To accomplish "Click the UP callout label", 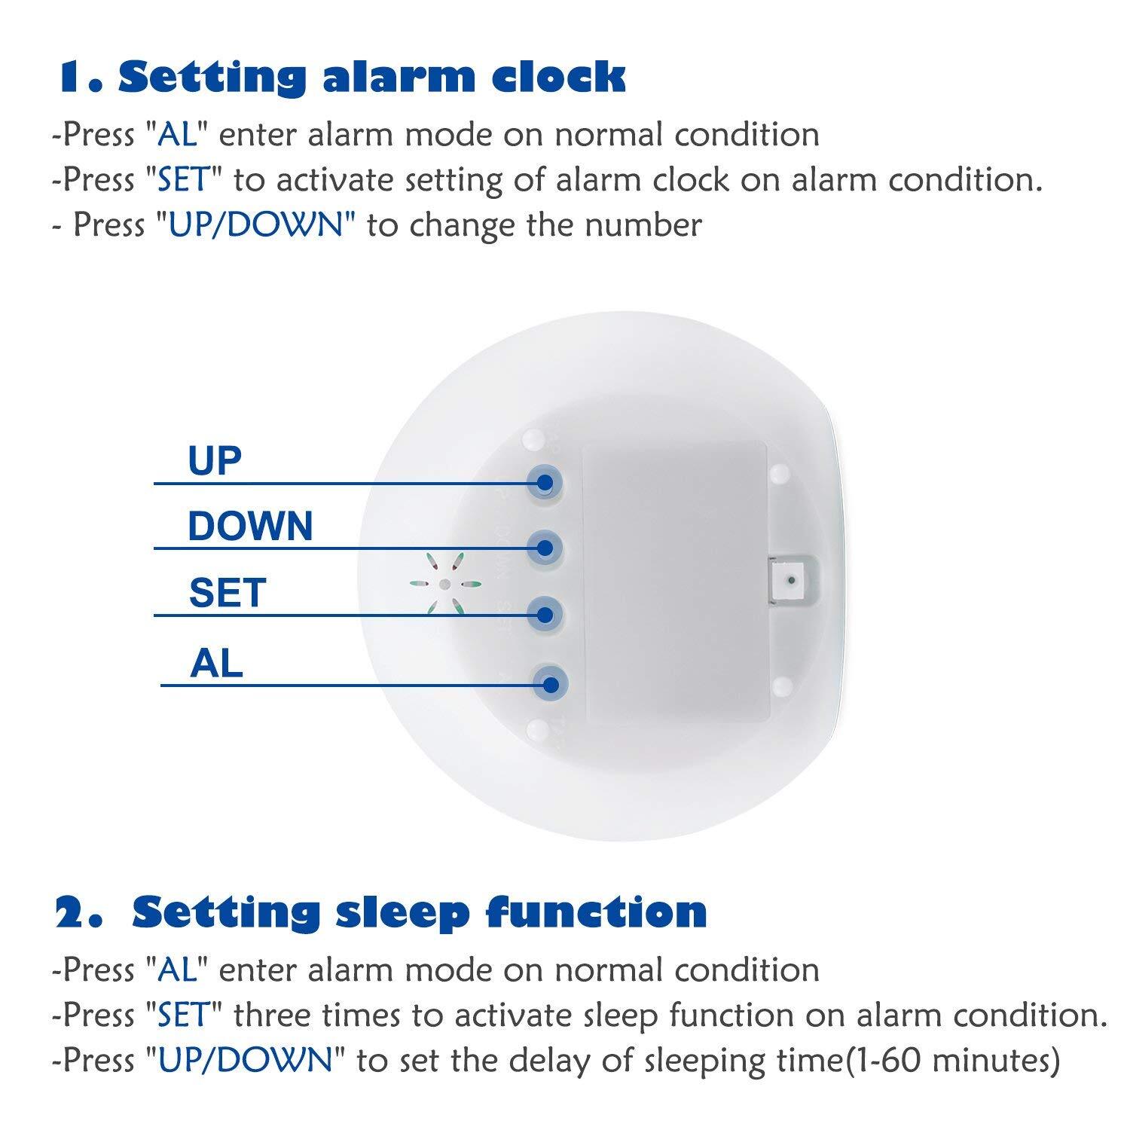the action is (215, 461).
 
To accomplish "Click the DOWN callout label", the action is (250, 526).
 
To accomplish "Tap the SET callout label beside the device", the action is (228, 593).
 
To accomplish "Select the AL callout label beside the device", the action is (217, 663).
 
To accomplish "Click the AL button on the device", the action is (550, 684).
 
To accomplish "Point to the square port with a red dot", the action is (790, 582).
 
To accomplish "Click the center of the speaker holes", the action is (444, 584).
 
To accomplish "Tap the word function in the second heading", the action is (597, 912).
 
